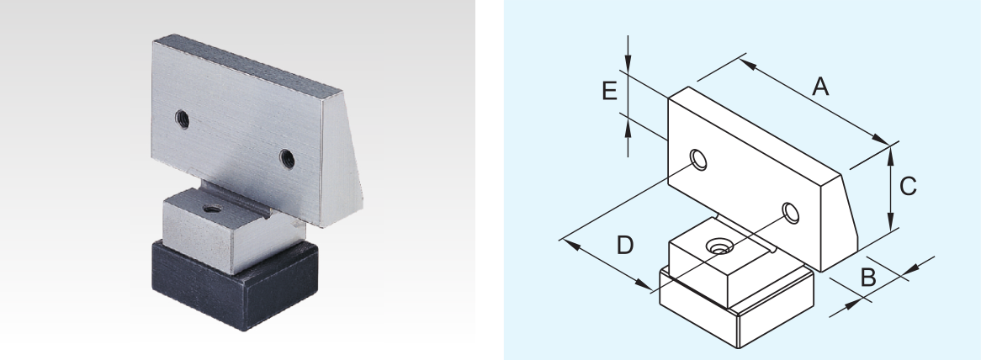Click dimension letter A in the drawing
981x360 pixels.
(820, 87)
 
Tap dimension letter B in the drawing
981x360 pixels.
(867, 278)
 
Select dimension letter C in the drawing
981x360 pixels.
(908, 186)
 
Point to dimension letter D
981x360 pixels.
(625, 246)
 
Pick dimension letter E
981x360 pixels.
(609, 91)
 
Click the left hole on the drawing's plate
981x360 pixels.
(698, 159)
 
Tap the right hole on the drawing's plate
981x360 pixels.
(791, 213)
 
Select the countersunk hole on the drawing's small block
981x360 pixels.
(720, 247)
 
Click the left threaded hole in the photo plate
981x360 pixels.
(182, 119)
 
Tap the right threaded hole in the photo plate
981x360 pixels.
(287, 159)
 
